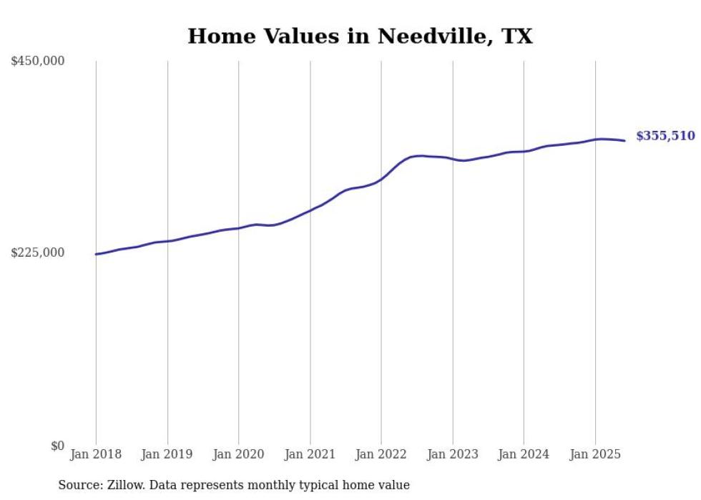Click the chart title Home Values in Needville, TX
click(360, 36)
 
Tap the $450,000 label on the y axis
click(37, 62)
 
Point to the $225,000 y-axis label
click(37, 253)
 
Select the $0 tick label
click(57, 446)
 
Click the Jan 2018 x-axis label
click(96, 454)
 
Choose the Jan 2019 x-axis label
click(167, 454)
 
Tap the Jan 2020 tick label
click(238, 454)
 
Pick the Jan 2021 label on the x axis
click(310, 454)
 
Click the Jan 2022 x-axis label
click(381, 454)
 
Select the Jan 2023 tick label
click(452, 454)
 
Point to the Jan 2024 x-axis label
click(524, 454)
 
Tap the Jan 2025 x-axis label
click(595, 454)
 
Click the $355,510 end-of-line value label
click(665, 136)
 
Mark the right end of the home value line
click(624, 140)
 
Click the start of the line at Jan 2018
click(96, 254)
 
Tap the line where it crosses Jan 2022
click(381, 179)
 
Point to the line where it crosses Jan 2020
click(238, 228)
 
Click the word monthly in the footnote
click(281, 485)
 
